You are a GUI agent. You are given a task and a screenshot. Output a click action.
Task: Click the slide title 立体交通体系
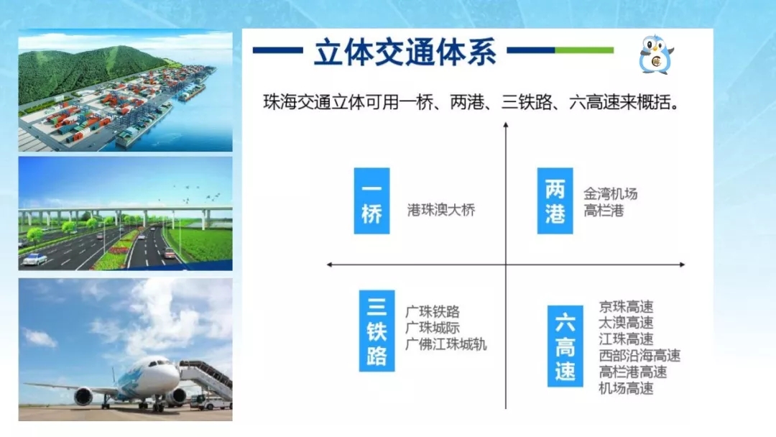[405, 52]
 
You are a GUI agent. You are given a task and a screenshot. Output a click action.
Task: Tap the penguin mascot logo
[656, 55]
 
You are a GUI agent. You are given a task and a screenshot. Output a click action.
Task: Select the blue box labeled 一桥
[371, 201]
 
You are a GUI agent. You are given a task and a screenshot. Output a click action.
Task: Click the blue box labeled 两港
[555, 201]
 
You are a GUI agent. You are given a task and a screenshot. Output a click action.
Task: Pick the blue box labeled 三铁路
[377, 331]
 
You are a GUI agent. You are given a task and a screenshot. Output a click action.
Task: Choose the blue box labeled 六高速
[565, 346]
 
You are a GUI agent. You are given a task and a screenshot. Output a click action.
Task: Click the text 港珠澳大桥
[441, 210]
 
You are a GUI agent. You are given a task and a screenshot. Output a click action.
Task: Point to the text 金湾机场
[610, 193]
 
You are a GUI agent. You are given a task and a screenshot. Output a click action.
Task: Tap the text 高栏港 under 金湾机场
[604, 211]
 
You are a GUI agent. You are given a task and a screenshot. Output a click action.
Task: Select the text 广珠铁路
[433, 312]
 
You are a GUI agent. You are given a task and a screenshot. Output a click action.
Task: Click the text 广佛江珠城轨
[446, 344]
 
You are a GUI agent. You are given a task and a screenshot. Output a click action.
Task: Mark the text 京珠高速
[626, 307]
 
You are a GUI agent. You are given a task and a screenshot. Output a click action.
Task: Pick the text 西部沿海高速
[639, 355]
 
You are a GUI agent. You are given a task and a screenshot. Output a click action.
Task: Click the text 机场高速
[626, 388]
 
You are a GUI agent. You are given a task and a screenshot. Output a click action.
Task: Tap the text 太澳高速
[626, 323]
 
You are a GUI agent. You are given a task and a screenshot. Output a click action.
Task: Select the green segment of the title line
[584, 50]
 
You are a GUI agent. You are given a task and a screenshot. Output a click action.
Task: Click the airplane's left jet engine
[83, 397]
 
